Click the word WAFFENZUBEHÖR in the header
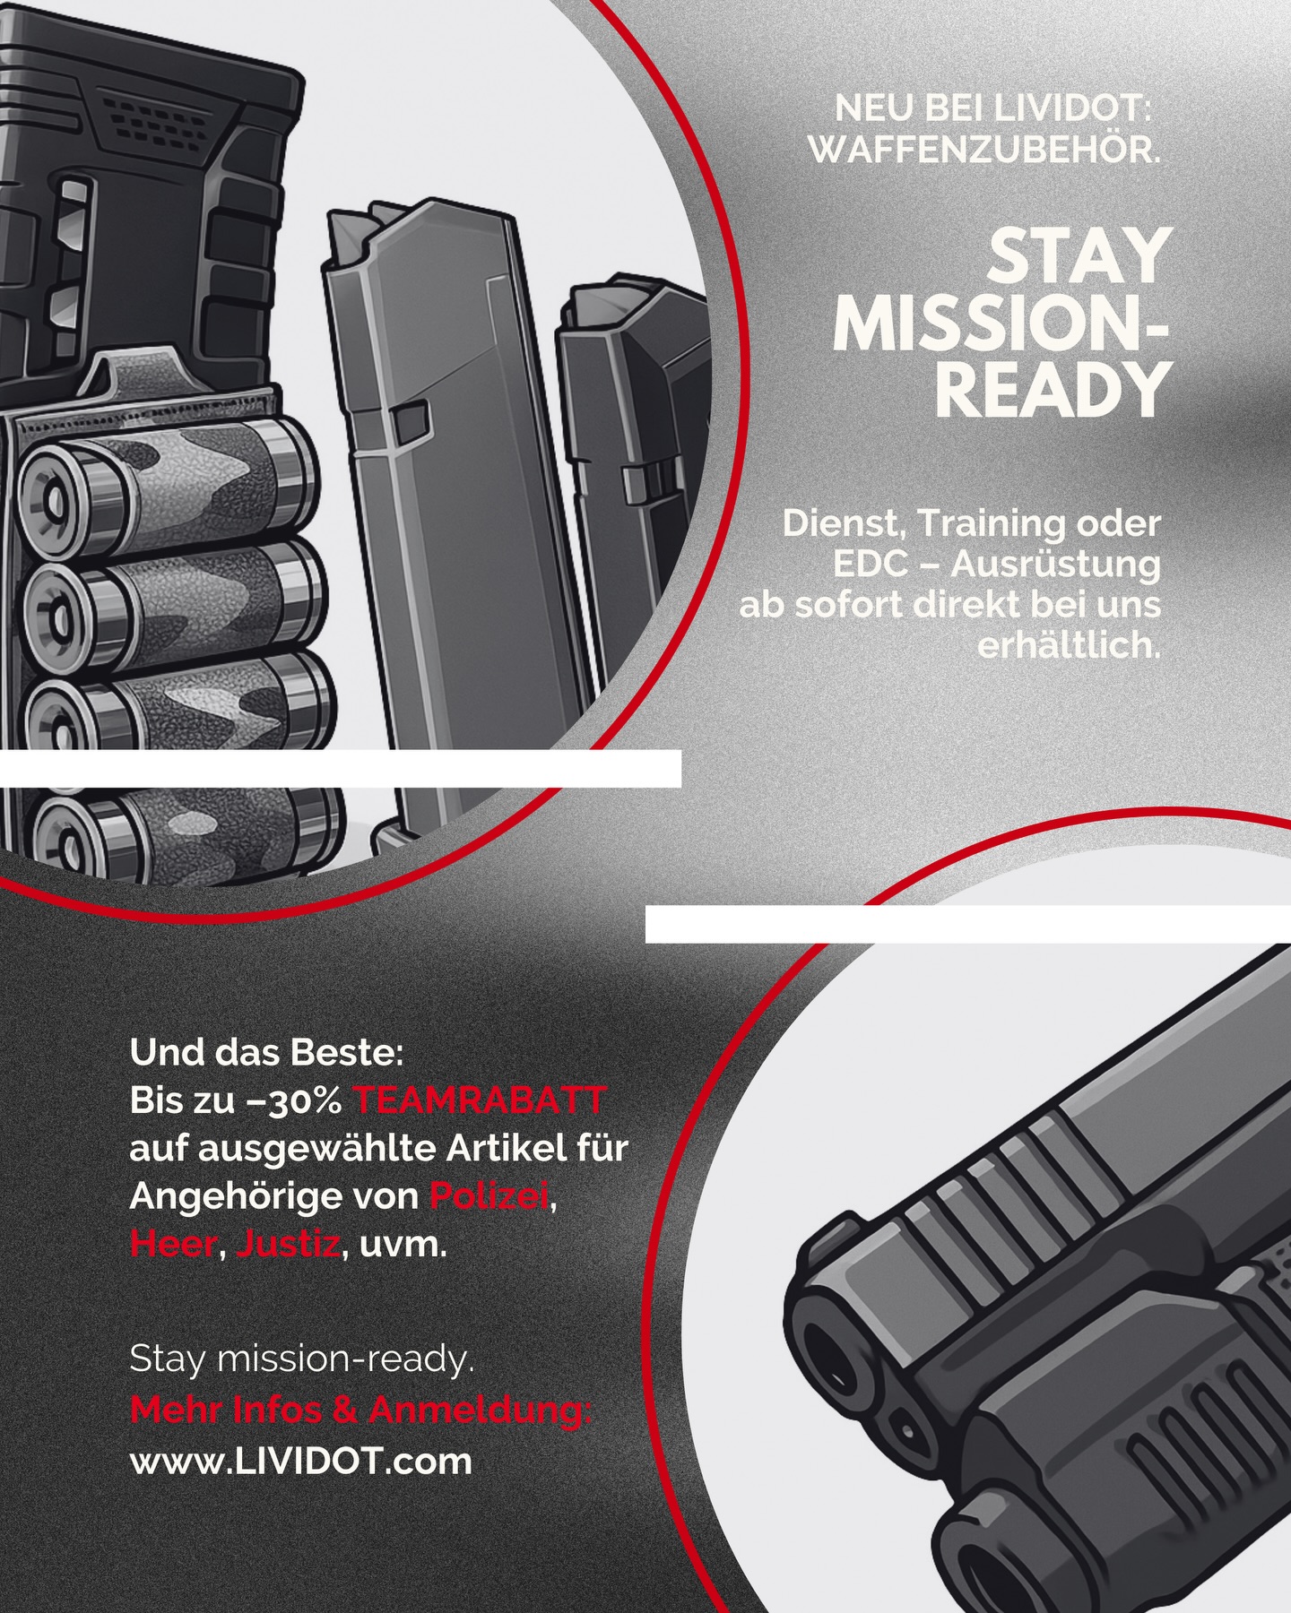tap(984, 150)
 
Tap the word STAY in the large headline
tap(1080, 256)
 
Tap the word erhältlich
tap(1069, 645)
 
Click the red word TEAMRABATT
tap(480, 1100)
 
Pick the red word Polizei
tap(489, 1196)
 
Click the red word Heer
tap(174, 1245)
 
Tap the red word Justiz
tap(288, 1245)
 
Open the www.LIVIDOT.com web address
tap(301, 1462)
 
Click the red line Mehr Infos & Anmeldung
tap(361, 1410)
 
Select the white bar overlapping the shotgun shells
tap(341, 768)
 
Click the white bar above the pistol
tap(968, 924)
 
